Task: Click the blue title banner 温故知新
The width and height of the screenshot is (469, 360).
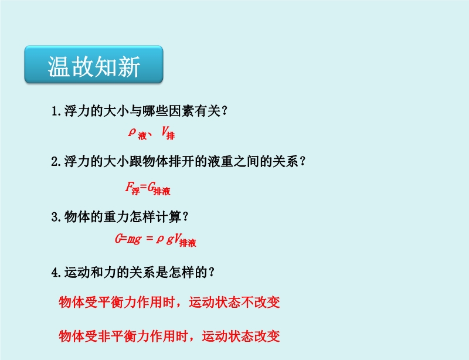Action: pyautogui.click(x=94, y=64)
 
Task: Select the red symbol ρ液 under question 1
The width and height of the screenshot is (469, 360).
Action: pyautogui.click(x=138, y=133)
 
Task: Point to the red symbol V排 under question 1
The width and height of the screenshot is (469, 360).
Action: pyautogui.click(x=168, y=133)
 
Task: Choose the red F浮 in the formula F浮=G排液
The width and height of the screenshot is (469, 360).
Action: pyautogui.click(x=132, y=188)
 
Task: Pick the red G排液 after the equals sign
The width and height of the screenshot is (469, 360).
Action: pyautogui.click(x=159, y=189)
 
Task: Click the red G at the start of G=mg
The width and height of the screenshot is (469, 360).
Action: pyautogui.click(x=118, y=239)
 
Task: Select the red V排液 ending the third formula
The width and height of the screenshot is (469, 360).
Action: pyautogui.click(x=185, y=240)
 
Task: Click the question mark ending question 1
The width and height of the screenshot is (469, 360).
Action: pyautogui.click(x=225, y=111)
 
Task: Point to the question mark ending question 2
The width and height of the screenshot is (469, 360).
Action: pyautogui.click(x=303, y=162)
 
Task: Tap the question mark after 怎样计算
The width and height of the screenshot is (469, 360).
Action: pyautogui.click(x=185, y=217)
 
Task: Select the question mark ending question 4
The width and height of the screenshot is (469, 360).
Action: pyautogui.click(x=212, y=272)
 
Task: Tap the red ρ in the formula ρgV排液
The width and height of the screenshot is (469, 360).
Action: pyautogui.click(x=159, y=239)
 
